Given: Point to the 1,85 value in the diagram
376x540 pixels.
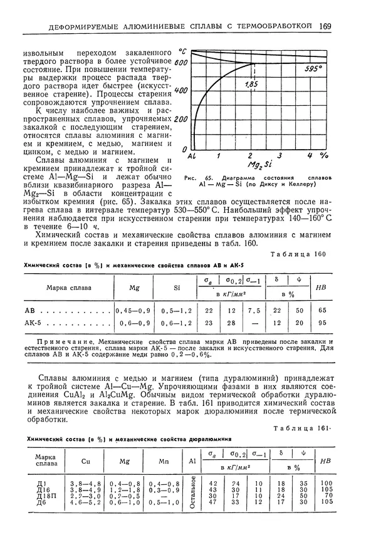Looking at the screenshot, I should tap(252, 84).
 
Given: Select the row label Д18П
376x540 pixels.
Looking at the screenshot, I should tap(44, 496).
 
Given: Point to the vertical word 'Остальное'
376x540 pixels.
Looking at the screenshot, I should tap(194, 492).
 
